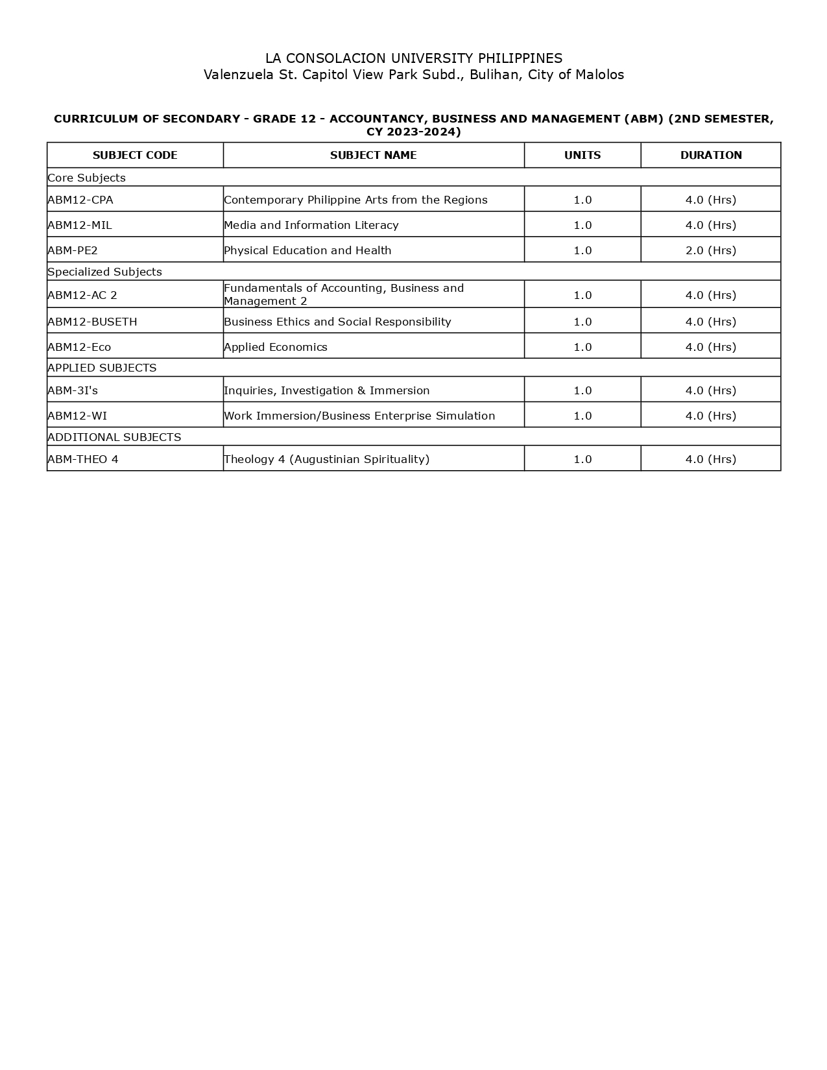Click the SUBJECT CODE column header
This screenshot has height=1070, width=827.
[135, 155]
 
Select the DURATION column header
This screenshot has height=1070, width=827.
[711, 155]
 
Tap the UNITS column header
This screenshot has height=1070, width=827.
[582, 155]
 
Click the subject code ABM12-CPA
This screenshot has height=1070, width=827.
[80, 200]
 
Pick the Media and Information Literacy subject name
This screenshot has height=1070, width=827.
[311, 225]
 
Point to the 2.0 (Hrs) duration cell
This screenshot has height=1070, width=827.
[711, 250]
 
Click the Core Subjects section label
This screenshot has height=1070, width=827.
[87, 178]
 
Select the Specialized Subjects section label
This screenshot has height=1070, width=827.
[104, 272]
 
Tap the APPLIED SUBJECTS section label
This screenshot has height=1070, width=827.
[102, 368]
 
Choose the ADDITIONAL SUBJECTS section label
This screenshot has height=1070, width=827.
[114, 437]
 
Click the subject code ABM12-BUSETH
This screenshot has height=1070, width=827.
[92, 322]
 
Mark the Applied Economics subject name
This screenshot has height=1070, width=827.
[276, 347]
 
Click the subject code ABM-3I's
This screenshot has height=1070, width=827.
[73, 390]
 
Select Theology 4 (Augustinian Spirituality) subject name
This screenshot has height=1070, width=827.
[326, 459]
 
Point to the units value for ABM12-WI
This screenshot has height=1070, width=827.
[582, 416]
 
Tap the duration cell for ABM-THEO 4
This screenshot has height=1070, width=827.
[711, 459]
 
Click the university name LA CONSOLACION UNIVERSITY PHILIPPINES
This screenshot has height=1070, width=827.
[414, 58]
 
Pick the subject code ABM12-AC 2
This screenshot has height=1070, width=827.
[82, 295]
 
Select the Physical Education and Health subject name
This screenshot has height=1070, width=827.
[307, 250]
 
